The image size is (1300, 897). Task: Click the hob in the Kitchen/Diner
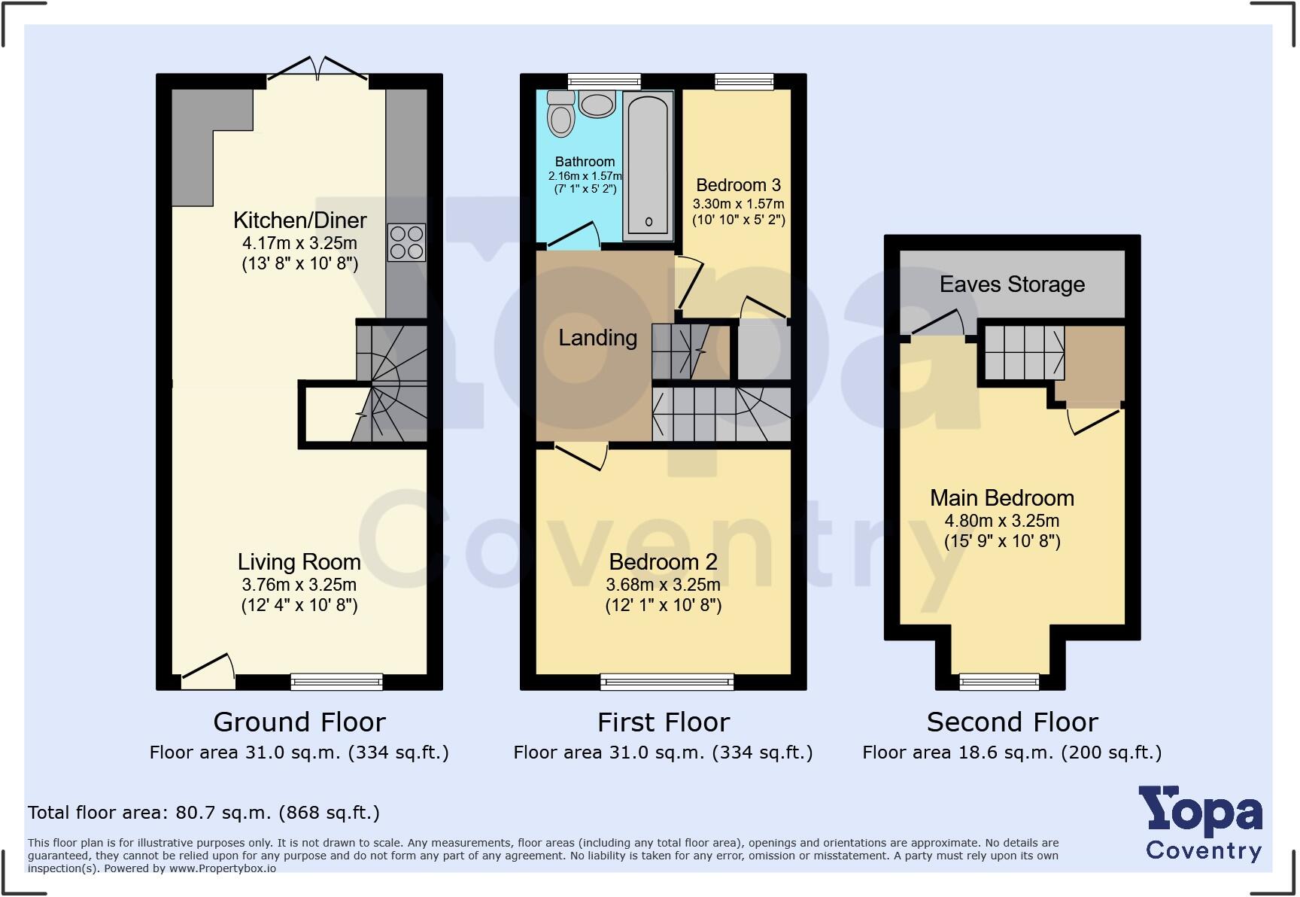pos(406,242)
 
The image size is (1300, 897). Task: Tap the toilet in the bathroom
pos(561,114)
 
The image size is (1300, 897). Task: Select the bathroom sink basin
pos(597,104)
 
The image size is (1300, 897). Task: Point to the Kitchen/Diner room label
pos(299,220)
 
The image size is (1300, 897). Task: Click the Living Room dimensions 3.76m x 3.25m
pos(299,585)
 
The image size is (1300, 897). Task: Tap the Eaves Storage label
pos(1012,284)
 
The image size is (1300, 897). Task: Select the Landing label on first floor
pos(597,338)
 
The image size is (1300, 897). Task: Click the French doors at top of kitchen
pos(318,69)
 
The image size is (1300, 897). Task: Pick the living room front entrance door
pos(207,671)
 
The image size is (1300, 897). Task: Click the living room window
pos(336,682)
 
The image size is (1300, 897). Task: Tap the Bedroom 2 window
pos(667,682)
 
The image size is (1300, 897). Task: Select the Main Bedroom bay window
pos(999,682)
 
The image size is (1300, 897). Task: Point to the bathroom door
pos(573,236)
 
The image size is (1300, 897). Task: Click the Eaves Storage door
pos(937,324)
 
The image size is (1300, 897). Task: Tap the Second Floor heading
pos(1012,722)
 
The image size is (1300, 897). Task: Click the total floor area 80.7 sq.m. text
pos(203,813)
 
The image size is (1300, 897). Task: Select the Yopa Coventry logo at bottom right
pos(1202,824)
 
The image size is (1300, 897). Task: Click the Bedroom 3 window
pos(743,81)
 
